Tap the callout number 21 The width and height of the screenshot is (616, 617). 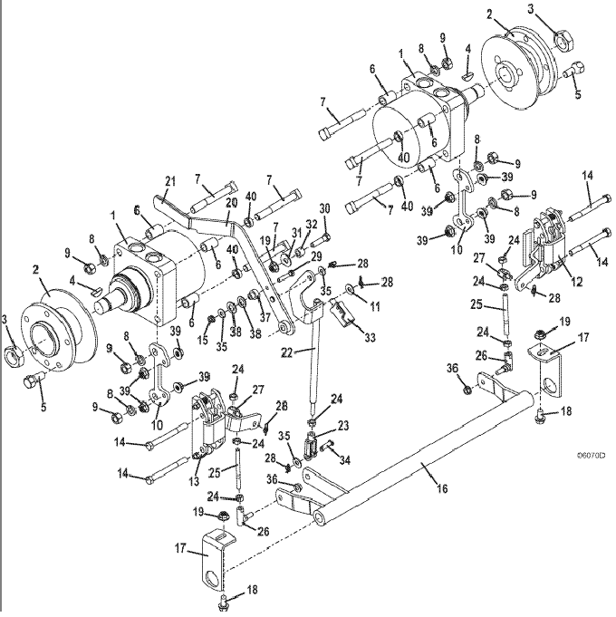[168, 182]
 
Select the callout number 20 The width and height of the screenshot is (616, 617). [231, 202]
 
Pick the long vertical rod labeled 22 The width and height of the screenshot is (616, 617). [313, 362]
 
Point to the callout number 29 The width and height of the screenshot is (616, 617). [317, 258]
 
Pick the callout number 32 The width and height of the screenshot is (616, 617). [311, 225]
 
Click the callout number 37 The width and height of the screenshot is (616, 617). [266, 318]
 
